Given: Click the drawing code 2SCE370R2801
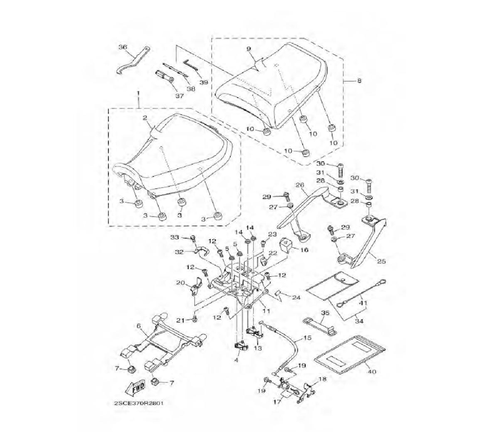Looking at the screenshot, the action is pyautogui.click(x=139, y=403).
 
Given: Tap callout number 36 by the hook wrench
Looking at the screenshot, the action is pyautogui.click(x=123, y=47).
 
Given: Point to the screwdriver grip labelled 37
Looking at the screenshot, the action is pyautogui.click(x=164, y=76).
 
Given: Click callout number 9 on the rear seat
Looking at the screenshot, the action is pyautogui.click(x=249, y=49).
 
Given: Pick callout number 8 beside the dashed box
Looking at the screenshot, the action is pyautogui.click(x=359, y=81).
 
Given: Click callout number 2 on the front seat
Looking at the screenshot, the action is pyautogui.click(x=145, y=118).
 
